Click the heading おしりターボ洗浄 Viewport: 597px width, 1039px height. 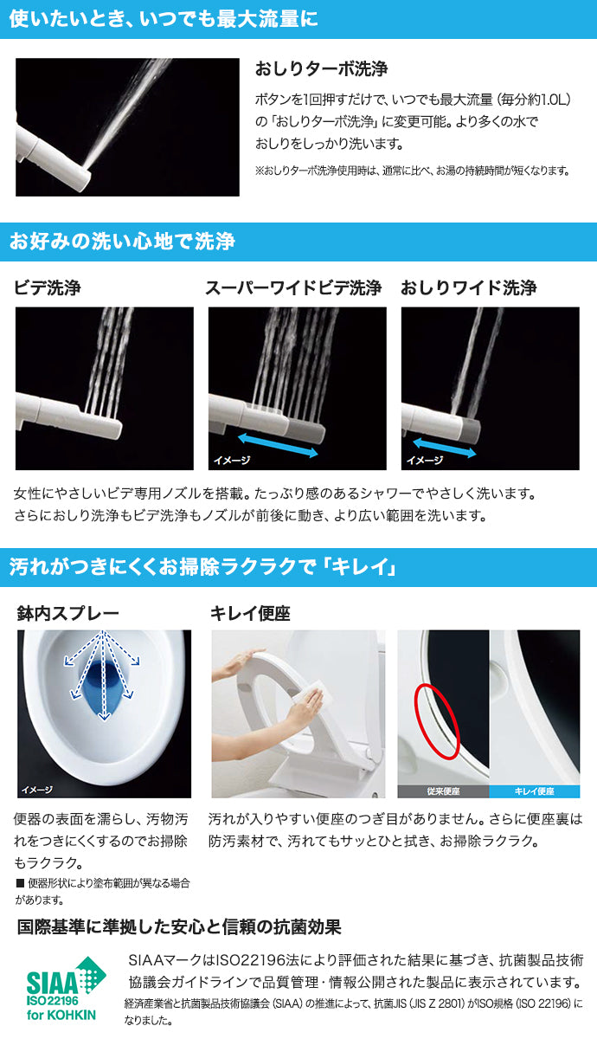click(x=321, y=69)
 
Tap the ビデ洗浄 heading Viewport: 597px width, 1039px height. click(x=48, y=288)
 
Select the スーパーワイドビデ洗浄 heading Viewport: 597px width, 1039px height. click(x=293, y=288)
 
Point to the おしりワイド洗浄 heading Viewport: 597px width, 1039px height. click(x=469, y=288)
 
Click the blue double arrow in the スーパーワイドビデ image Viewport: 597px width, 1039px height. click(x=278, y=445)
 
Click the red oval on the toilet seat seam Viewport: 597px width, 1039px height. click(x=437, y=720)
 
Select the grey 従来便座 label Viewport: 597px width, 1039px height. click(x=443, y=791)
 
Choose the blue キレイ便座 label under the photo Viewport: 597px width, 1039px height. click(x=535, y=791)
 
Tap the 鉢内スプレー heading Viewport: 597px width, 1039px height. click(x=67, y=614)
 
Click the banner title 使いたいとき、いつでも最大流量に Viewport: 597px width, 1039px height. click(x=164, y=19)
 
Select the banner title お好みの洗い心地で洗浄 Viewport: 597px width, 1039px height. click(x=122, y=242)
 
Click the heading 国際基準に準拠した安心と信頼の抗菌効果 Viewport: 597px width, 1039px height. click(x=179, y=927)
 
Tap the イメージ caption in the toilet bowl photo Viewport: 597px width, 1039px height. click(x=36, y=790)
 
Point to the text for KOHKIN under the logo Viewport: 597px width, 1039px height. click(x=61, y=1015)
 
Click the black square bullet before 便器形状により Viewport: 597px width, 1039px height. click(x=20, y=882)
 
